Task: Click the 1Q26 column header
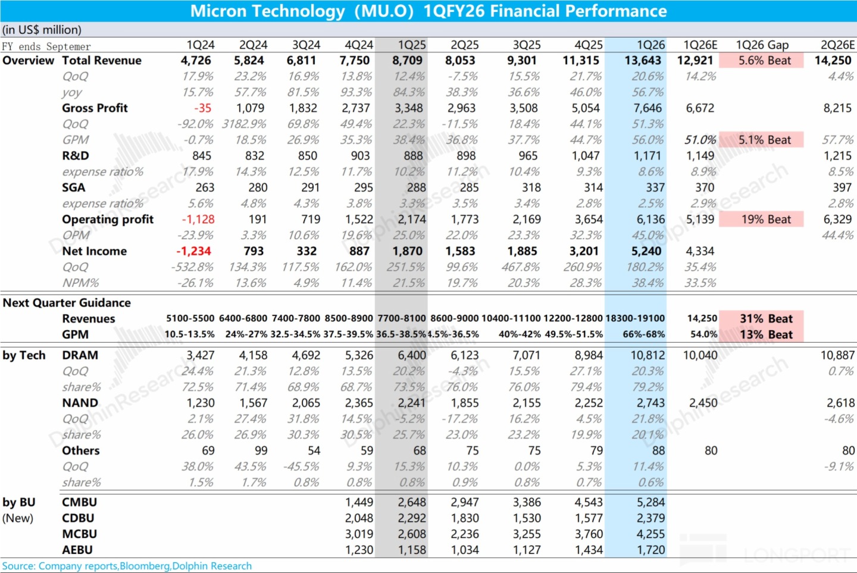click(650, 45)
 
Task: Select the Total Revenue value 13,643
click(643, 60)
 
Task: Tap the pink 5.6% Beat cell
click(764, 60)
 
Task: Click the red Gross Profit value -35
click(202, 108)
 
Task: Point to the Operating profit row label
click(108, 219)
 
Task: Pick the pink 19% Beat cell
click(765, 220)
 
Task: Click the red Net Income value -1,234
click(193, 251)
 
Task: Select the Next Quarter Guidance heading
click(67, 302)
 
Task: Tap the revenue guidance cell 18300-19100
click(635, 318)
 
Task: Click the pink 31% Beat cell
click(765, 318)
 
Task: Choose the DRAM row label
click(80, 355)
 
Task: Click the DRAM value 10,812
click(648, 355)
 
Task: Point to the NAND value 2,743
click(650, 403)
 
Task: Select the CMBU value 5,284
click(650, 502)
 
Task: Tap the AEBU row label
click(77, 550)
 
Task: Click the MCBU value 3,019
click(359, 534)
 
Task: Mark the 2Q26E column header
click(837, 45)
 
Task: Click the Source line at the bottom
click(127, 566)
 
